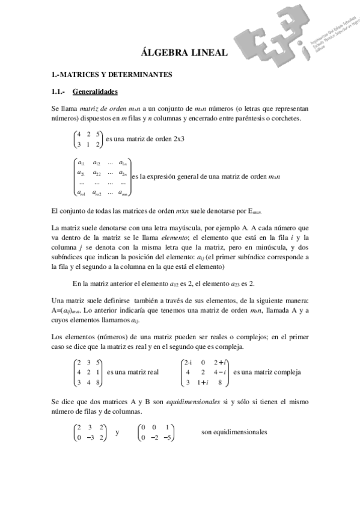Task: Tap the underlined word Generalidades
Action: coord(94,92)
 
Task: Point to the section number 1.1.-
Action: coord(59,92)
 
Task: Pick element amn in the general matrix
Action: coord(122,192)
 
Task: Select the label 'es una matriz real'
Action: coord(132,372)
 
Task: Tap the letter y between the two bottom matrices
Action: coord(117,432)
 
